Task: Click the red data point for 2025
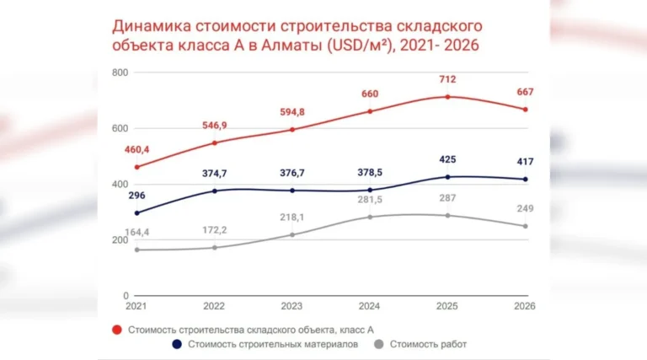click(447, 97)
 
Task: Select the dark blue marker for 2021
click(137, 213)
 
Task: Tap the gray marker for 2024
click(370, 218)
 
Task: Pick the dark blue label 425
click(447, 160)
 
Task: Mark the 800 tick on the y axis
click(119, 73)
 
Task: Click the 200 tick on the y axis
click(119, 240)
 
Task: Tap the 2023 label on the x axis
click(291, 305)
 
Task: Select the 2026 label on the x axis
click(524, 305)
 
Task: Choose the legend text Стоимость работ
click(430, 344)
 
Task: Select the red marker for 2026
click(525, 110)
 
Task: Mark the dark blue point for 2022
click(215, 191)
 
